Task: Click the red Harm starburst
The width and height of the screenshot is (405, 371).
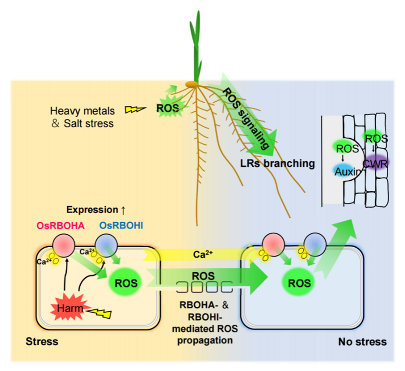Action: coord(68,309)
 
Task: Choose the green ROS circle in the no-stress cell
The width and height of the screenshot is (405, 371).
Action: coord(299,283)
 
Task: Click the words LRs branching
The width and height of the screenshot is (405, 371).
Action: coord(277,163)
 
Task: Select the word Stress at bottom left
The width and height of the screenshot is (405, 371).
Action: coord(42,342)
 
